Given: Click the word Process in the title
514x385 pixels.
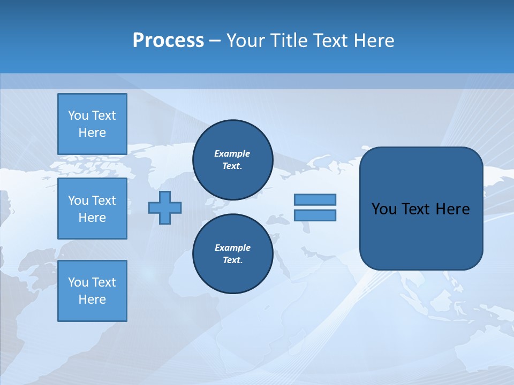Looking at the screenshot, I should (x=168, y=41).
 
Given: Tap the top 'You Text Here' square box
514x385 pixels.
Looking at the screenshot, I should (x=92, y=124).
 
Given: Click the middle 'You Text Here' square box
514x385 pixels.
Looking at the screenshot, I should (x=92, y=209).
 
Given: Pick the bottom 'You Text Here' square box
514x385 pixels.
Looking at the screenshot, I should (x=92, y=291).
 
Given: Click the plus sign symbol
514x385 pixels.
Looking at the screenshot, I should (x=165, y=207).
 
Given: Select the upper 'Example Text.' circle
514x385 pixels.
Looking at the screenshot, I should (x=232, y=160).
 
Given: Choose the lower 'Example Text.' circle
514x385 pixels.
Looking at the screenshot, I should (x=232, y=254).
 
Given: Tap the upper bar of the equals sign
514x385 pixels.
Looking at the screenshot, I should (x=315, y=199).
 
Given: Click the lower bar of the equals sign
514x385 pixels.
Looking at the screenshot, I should (x=315, y=215).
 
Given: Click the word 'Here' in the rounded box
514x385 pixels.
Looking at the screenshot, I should (x=452, y=209).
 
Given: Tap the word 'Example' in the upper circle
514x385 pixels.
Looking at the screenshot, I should (x=232, y=153).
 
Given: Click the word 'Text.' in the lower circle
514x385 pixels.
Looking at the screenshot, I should (x=232, y=260).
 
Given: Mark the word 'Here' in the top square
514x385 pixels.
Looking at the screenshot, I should (x=92, y=133).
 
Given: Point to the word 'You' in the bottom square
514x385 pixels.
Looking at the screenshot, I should (x=78, y=282).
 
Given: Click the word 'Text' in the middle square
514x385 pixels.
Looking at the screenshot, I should (x=104, y=201).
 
